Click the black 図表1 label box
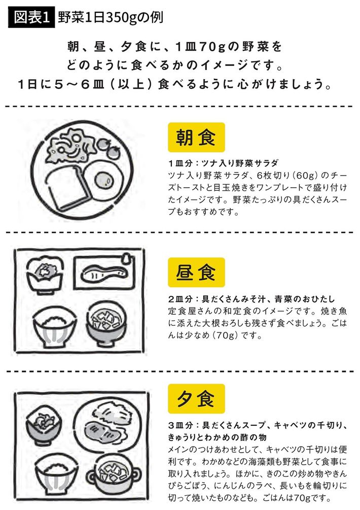click(x=31, y=17)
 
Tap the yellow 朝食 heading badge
click(x=196, y=137)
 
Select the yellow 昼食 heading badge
click(x=196, y=272)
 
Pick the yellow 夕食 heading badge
click(x=196, y=399)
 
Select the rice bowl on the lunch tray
click(x=55, y=327)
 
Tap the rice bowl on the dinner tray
click(x=56, y=475)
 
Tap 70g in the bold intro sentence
click(x=212, y=47)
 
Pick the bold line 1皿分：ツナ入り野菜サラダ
click(x=223, y=163)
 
